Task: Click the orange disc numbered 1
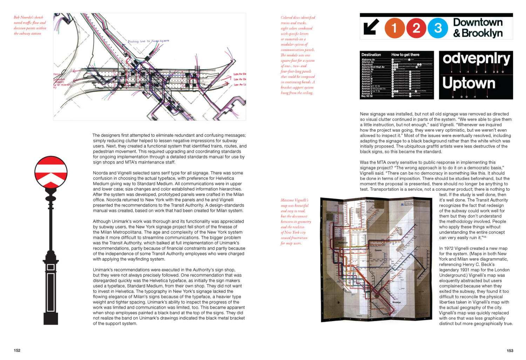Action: click(x=394, y=28)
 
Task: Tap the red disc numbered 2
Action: click(x=416, y=28)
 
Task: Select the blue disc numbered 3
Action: click(x=438, y=28)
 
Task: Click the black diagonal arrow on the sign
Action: click(x=371, y=27)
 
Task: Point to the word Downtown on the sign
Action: click(x=478, y=22)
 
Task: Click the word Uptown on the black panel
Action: click(x=469, y=83)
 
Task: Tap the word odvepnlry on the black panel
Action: click(x=476, y=59)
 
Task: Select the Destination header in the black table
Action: click(x=371, y=55)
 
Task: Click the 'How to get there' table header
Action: click(x=405, y=55)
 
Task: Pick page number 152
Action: click(x=17, y=350)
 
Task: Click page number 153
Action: click(x=510, y=350)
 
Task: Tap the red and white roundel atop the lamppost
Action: click(x=51, y=172)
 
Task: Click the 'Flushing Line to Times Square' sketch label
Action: click(x=148, y=41)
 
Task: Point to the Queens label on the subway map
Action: click(x=378, y=250)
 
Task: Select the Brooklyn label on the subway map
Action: click(x=396, y=302)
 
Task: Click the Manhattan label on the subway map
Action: click(x=343, y=243)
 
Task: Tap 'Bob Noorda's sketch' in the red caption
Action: click(x=28, y=17)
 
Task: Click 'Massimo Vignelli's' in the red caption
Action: click(x=294, y=200)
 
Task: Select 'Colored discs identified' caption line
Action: click(x=298, y=18)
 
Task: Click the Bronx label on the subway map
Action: click(x=370, y=202)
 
